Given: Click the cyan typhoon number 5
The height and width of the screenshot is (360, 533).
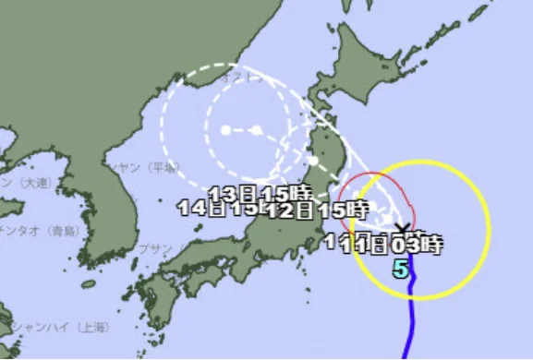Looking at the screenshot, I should pyautogui.click(x=400, y=270).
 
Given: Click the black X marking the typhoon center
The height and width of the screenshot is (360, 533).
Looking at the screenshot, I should pyautogui.click(x=402, y=226).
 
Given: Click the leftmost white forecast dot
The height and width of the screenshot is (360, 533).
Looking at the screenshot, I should pyautogui.click(x=225, y=130).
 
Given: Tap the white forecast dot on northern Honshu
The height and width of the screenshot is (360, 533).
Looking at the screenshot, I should pyautogui.click(x=313, y=162).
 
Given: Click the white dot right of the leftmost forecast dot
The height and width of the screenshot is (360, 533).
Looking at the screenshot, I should pyautogui.click(x=256, y=130).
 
